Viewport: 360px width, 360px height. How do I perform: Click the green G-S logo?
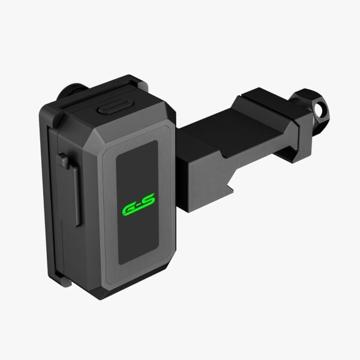139,205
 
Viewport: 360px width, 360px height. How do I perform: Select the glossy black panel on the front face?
137,202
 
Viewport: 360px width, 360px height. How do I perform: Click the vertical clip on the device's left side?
70,188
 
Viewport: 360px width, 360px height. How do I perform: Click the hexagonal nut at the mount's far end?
310,110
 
